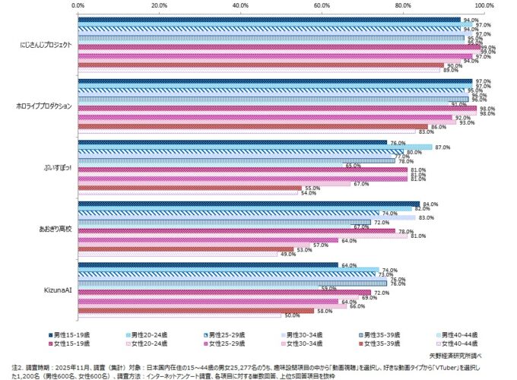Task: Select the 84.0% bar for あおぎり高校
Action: pos(249,203)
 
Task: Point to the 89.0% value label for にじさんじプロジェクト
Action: pos(451,71)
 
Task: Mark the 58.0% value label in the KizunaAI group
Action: pos(324,310)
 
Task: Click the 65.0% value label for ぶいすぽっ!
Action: pos(353,166)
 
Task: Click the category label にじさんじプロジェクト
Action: pos(46,45)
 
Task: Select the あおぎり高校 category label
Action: pos(54,229)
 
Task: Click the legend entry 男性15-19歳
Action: pos(71,334)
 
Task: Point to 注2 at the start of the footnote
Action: pos(17,366)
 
